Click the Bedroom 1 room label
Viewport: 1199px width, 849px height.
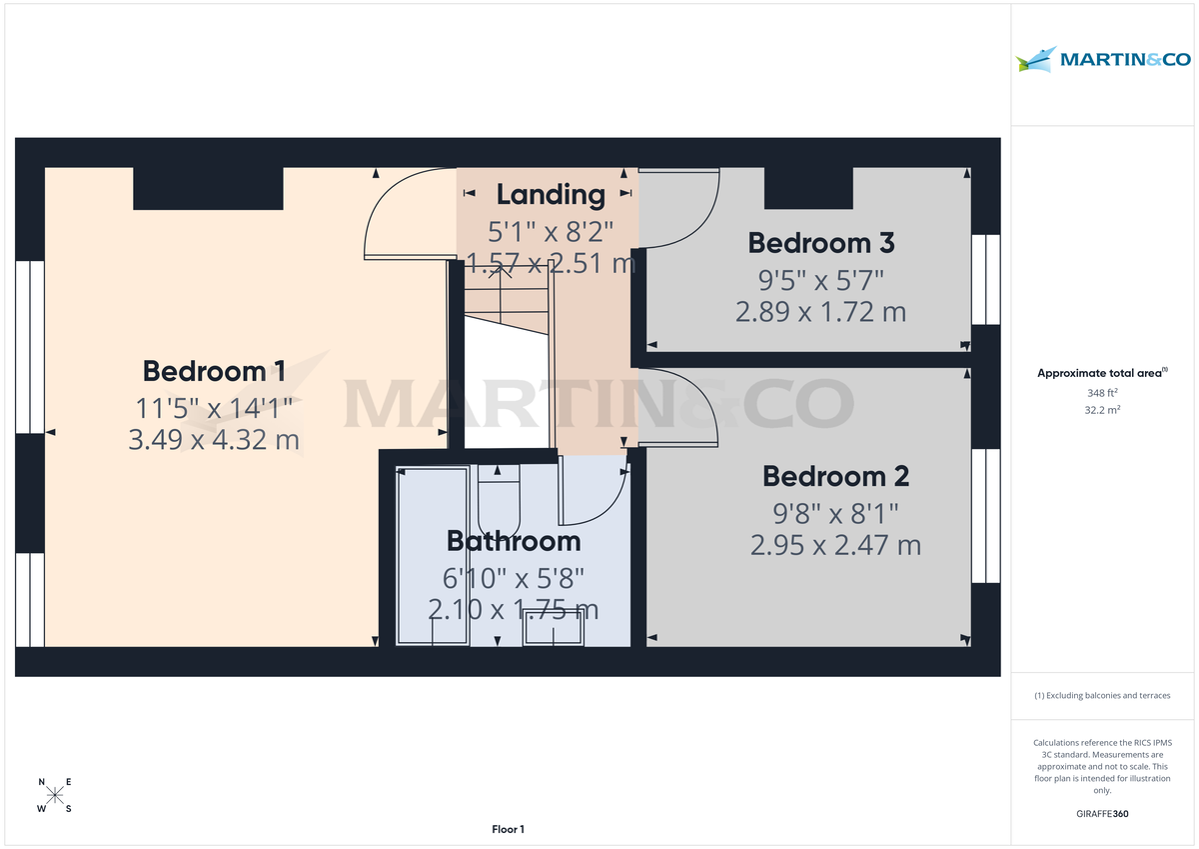(214, 371)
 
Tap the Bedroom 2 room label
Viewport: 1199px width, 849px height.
(834, 475)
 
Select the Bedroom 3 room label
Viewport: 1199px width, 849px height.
(820, 242)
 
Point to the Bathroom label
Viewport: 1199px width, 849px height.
(513, 541)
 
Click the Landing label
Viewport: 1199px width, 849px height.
(551, 194)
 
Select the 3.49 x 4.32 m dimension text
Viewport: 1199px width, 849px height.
(214, 439)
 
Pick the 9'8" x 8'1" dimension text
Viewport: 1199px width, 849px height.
(834, 513)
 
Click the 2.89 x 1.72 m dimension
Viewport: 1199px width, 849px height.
(820, 312)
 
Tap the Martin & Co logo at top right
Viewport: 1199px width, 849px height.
(1103, 60)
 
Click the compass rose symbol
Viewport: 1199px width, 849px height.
(55, 795)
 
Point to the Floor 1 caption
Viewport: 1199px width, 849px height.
(508, 829)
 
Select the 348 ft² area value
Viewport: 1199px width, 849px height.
(1102, 392)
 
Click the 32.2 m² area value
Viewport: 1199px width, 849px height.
(1102, 410)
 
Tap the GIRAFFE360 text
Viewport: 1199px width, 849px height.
(1102, 814)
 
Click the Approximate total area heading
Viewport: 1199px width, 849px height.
(1101, 373)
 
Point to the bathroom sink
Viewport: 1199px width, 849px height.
(553, 631)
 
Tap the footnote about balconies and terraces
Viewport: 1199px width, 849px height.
(1102, 695)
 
